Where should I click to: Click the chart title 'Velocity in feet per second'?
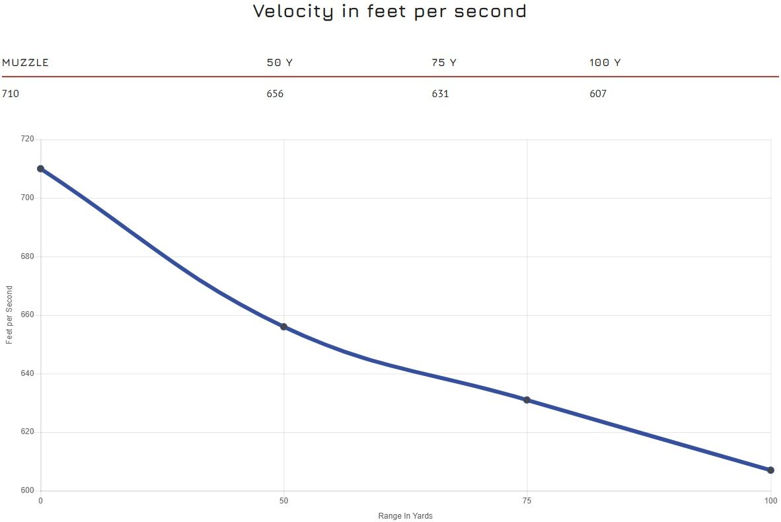coord(390,11)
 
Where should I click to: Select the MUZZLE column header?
coord(26,63)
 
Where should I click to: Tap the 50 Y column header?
coord(279,63)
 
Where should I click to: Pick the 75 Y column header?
coord(443,63)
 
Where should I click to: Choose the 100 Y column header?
coord(605,63)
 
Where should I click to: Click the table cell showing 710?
coord(11,94)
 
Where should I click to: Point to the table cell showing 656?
coord(275,94)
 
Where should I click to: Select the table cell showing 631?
coord(440,94)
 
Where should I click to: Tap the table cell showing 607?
coord(598,94)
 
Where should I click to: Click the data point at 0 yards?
coord(40,168)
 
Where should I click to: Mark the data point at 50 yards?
coord(283,326)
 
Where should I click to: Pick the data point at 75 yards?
coord(527,400)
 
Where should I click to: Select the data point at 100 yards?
coord(770,470)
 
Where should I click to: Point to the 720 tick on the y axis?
coord(27,139)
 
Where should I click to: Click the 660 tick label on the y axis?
coord(27,315)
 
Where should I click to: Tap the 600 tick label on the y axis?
coord(27,490)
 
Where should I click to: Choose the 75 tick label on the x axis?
coord(527,501)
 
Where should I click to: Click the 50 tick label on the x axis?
coord(283,501)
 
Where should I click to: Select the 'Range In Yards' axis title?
coord(405,516)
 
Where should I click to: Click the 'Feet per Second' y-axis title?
coord(9,315)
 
